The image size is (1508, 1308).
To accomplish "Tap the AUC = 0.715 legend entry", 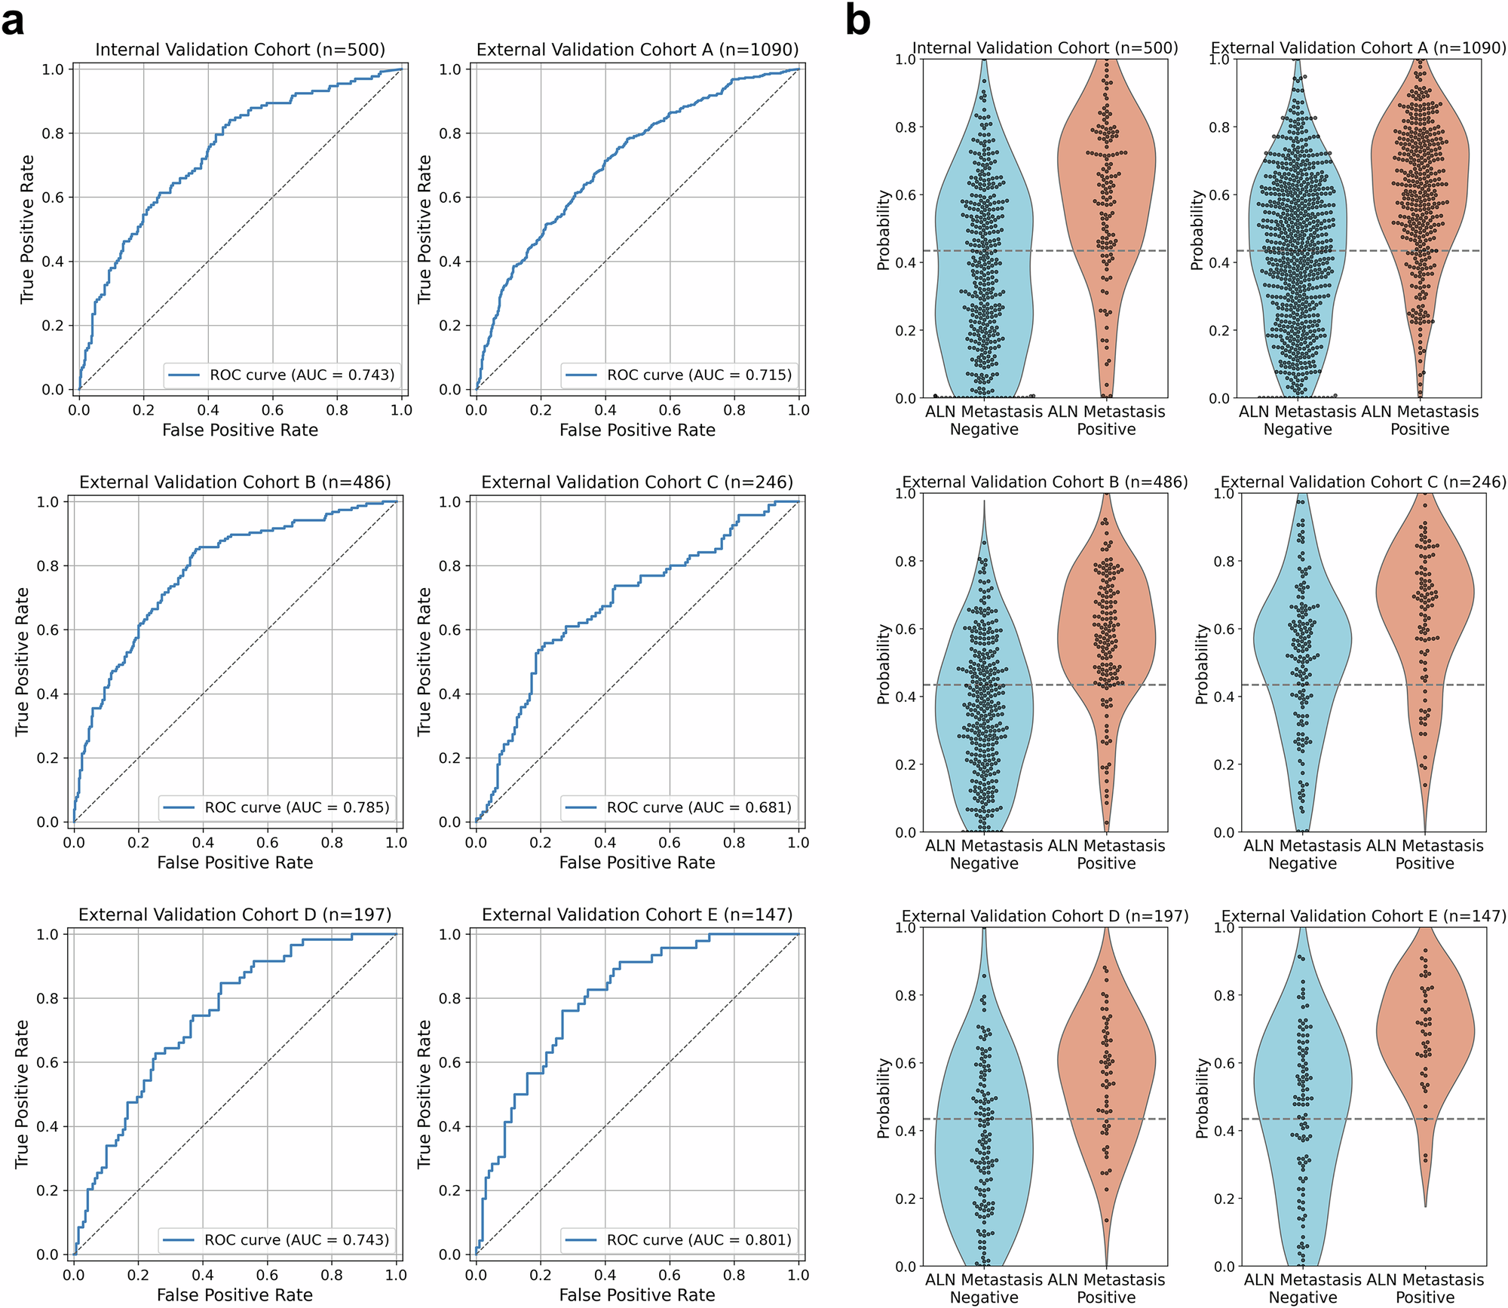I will click(699, 375).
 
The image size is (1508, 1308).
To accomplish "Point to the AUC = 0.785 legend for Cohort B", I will click(296, 807).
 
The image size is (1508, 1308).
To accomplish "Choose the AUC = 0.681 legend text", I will click(699, 807).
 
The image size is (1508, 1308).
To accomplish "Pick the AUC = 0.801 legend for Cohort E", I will click(699, 1240).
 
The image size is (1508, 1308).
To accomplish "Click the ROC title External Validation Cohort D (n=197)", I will click(235, 914).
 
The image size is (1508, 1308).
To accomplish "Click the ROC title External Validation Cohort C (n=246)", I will click(637, 482).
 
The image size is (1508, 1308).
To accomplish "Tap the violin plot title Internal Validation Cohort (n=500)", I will click(1045, 48).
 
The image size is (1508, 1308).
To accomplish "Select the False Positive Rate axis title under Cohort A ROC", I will click(637, 430).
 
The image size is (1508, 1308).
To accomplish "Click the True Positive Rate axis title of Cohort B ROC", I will click(23, 661).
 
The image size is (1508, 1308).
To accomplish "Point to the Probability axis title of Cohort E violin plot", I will click(1202, 1097).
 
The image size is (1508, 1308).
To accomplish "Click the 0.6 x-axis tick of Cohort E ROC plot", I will click(670, 1275).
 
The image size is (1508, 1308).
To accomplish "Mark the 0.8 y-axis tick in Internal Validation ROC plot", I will click(53, 133).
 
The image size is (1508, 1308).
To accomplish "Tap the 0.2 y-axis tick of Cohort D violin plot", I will click(905, 1199).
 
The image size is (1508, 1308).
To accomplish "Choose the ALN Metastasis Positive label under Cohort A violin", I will click(1420, 421).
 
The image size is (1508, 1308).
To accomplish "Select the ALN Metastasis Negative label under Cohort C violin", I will click(1302, 854).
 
